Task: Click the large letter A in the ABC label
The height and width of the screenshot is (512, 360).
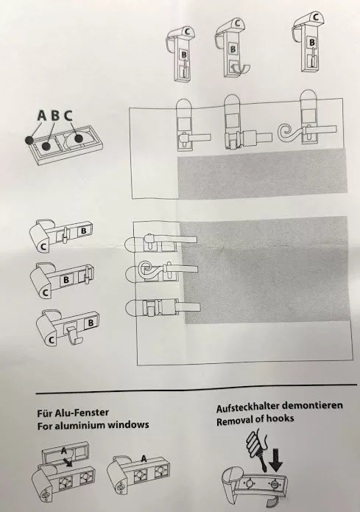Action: tap(43, 115)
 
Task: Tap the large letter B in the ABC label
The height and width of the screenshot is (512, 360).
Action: tap(55, 115)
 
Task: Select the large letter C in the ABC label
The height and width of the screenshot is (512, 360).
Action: tap(68, 115)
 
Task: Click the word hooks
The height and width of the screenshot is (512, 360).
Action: tap(280, 418)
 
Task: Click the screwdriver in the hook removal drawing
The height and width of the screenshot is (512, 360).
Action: tap(258, 452)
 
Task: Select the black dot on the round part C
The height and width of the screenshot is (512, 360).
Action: tap(79, 138)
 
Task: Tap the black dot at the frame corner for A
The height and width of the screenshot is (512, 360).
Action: tap(29, 140)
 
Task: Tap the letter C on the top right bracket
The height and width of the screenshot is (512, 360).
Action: tap(315, 16)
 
